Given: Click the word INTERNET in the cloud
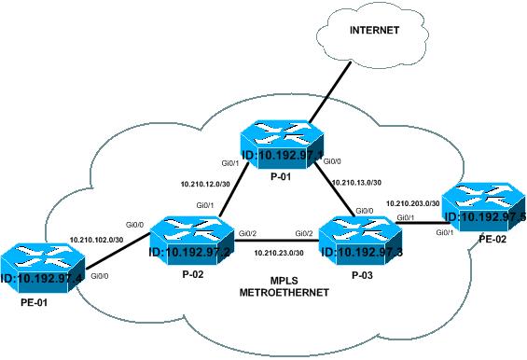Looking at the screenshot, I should [374, 31].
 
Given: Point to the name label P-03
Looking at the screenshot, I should [359, 277].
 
